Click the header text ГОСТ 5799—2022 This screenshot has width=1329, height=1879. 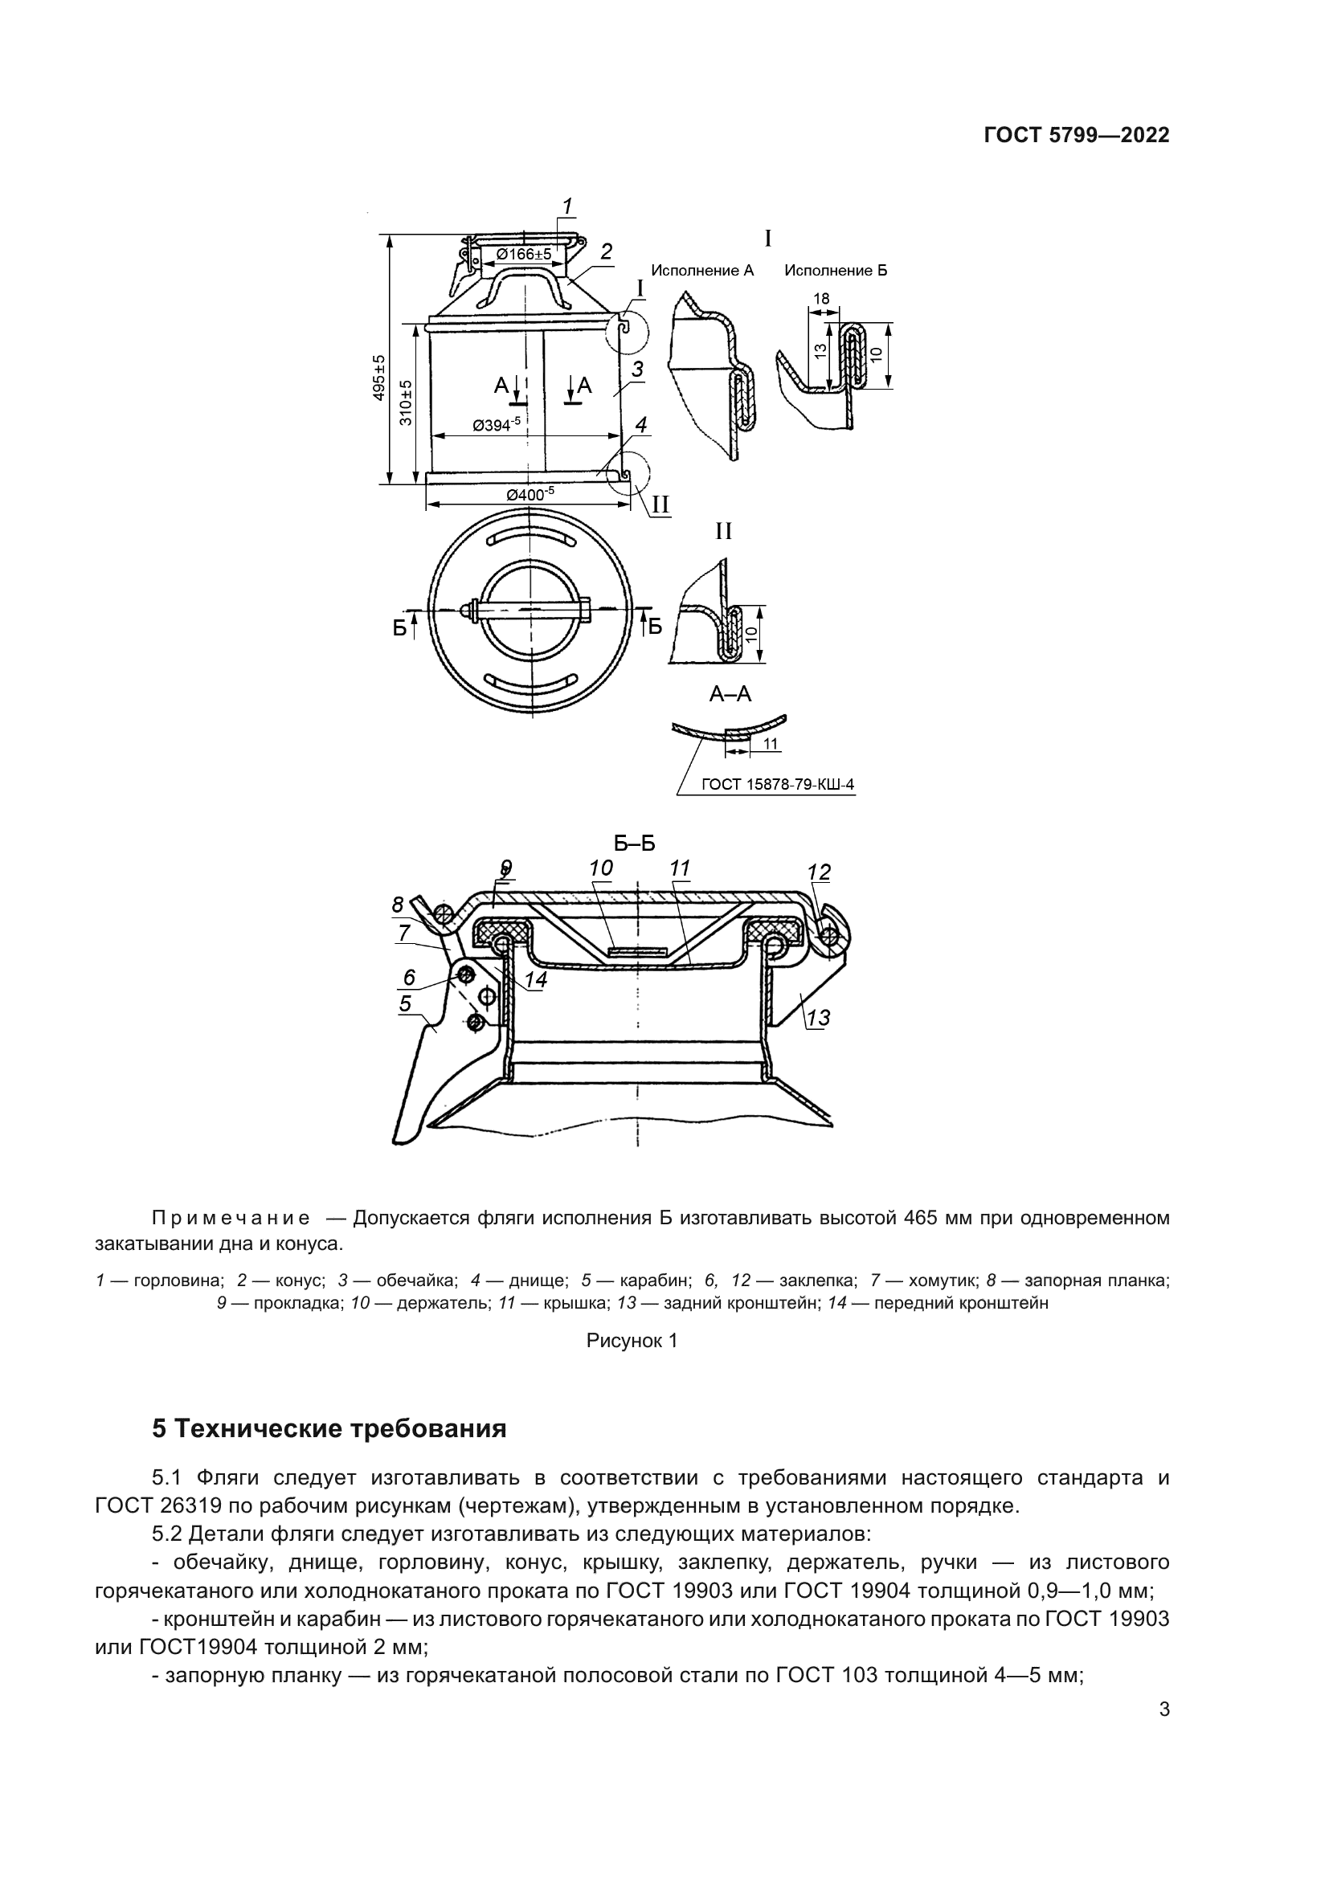click(x=1076, y=136)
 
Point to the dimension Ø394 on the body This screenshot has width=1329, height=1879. click(x=496, y=425)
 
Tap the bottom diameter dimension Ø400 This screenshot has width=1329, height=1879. click(x=530, y=493)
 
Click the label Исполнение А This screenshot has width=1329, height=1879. click(x=702, y=270)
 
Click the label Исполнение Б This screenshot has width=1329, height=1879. click(x=836, y=270)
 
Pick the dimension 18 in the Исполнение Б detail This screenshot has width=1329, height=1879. click(x=821, y=300)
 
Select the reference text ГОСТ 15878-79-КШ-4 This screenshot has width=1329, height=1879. click(x=778, y=785)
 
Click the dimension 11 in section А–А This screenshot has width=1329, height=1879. click(x=770, y=744)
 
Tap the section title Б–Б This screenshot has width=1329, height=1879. click(x=635, y=844)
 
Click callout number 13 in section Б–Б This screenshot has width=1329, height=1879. click(x=817, y=1018)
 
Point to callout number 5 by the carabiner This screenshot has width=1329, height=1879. click(x=405, y=1003)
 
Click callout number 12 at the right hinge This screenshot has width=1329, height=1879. click(x=818, y=872)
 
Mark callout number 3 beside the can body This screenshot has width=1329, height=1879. click(x=637, y=369)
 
